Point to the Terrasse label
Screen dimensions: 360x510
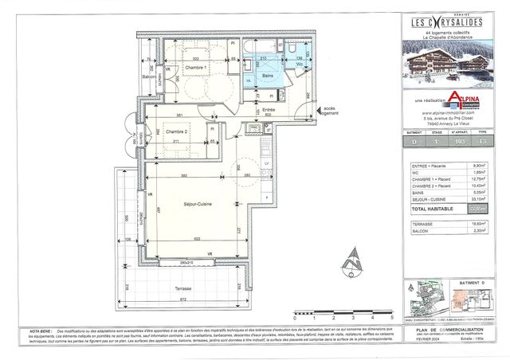(167, 288)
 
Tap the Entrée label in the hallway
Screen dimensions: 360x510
(269, 108)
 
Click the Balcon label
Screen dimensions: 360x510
(147, 76)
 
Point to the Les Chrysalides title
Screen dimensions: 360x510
(447, 22)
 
